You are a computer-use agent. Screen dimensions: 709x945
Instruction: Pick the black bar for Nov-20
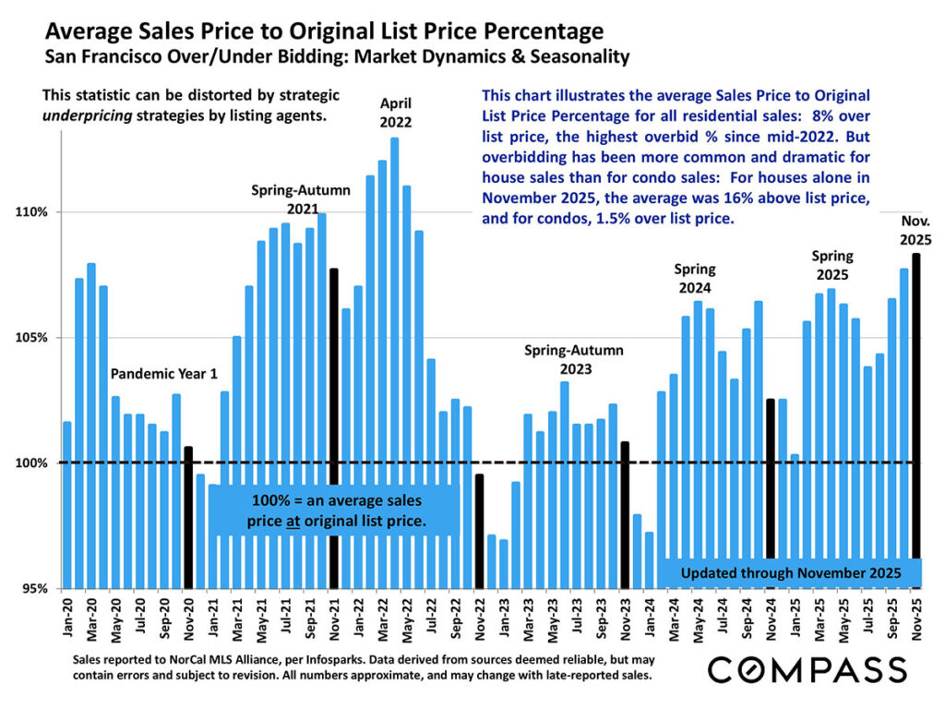click(188, 516)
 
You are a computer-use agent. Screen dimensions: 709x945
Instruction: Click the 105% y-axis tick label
click(35, 338)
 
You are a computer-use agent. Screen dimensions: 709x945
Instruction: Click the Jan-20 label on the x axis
click(67, 619)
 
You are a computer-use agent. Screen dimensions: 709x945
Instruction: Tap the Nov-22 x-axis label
click(479, 619)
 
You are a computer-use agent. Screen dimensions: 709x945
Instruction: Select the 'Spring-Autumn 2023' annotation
click(574, 359)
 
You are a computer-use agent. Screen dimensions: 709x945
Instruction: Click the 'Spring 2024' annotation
click(695, 278)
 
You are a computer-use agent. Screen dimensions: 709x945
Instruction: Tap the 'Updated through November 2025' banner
click(792, 573)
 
